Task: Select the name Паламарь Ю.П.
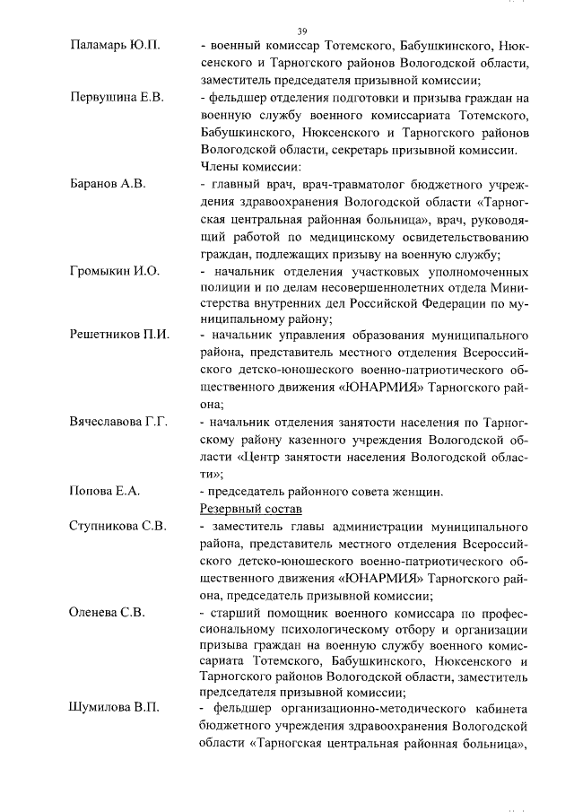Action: [x=115, y=46]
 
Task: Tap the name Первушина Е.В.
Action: [x=117, y=98]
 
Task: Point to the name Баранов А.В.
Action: [x=107, y=184]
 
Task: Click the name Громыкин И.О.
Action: [x=114, y=271]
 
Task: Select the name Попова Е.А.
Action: [x=103, y=491]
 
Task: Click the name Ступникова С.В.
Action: [x=118, y=526]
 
